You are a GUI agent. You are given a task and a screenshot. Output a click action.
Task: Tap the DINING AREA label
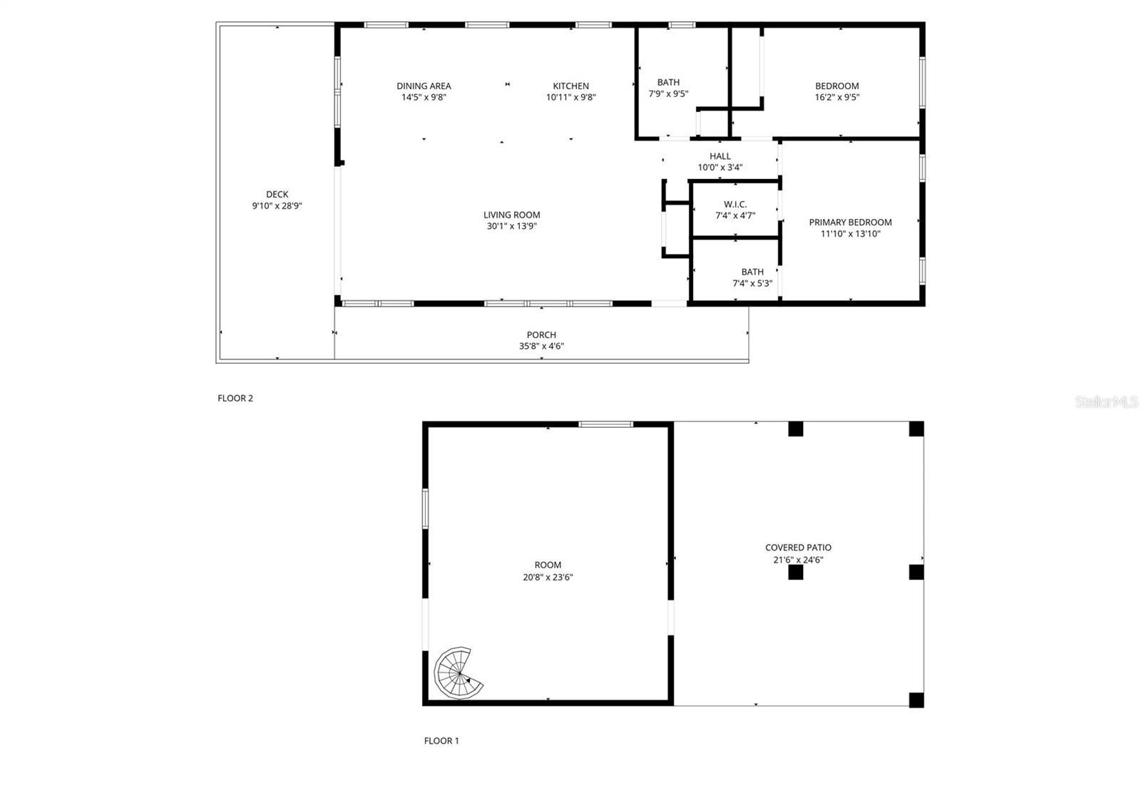click(424, 86)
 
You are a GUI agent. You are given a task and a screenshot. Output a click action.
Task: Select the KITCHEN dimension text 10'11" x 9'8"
click(570, 98)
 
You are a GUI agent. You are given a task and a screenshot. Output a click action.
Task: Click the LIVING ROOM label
click(511, 215)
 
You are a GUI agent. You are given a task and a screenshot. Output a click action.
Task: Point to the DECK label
click(277, 194)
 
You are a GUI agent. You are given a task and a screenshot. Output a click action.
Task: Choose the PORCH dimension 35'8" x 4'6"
click(541, 347)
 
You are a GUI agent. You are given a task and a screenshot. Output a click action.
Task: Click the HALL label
click(720, 156)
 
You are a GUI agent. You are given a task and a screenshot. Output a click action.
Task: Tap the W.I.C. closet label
click(735, 205)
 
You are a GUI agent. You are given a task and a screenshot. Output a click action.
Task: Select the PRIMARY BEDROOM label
click(850, 223)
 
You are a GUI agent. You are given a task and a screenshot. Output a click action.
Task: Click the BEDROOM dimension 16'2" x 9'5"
click(837, 98)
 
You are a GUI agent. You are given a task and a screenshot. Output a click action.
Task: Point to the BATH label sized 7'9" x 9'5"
click(668, 83)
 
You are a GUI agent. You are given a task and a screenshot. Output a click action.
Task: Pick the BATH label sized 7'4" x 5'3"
click(752, 272)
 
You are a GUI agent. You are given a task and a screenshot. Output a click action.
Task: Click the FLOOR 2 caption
click(235, 399)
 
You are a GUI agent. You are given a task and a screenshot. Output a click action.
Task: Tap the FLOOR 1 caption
click(441, 741)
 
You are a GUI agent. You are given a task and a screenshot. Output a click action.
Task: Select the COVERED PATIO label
click(798, 548)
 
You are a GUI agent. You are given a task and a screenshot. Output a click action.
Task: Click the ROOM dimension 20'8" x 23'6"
click(548, 577)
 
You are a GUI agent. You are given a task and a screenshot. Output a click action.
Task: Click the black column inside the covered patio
click(795, 572)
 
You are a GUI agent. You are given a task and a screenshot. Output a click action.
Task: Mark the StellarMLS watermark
click(1106, 403)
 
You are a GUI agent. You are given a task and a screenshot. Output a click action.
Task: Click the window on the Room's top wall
click(605, 424)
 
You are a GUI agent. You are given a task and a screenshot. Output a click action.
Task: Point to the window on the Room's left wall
click(425, 508)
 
